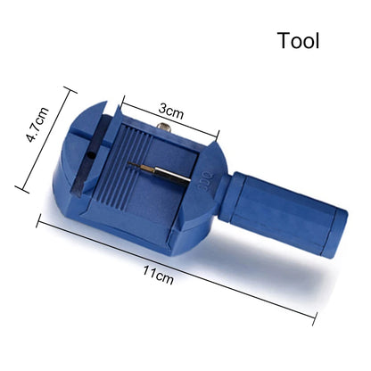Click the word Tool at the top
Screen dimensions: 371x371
[x=299, y=41]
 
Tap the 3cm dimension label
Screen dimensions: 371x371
[x=171, y=111]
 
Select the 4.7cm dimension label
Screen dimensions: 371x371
[x=37, y=124]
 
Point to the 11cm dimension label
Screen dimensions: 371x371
[x=158, y=275]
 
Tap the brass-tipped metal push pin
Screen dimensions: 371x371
[x=160, y=171]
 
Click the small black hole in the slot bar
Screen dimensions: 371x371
[x=91, y=155]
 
